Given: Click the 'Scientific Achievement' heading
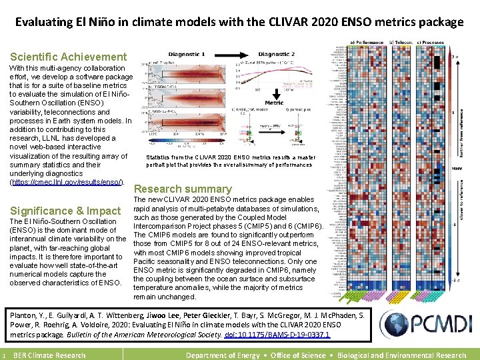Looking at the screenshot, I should click(68, 57).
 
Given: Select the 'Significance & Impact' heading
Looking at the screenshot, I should click(65, 211).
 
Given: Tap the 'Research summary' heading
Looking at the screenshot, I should click(183, 189).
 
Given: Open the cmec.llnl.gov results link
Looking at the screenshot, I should click(67, 182).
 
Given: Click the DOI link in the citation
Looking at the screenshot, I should click(277, 335).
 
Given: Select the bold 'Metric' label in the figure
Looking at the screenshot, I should click(274, 103).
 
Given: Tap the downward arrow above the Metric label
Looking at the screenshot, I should click(274, 94).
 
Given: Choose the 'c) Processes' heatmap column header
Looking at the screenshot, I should click(431, 42).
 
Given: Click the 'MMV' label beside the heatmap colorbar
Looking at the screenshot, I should click(457, 167).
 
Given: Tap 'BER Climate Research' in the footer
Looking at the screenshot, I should click(49, 355).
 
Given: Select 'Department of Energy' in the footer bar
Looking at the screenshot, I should click(223, 355).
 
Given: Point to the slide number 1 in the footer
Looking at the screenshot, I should click(4, 355).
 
